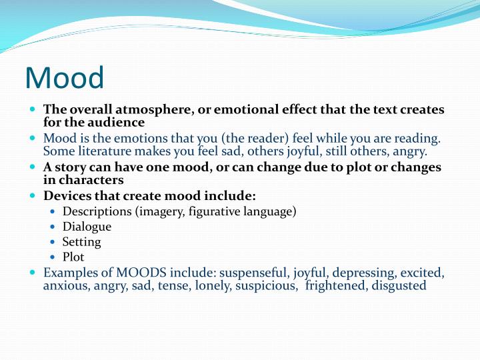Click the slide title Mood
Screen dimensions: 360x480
point(65,77)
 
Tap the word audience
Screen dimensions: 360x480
point(119,122)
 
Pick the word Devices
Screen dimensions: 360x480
point(66,196)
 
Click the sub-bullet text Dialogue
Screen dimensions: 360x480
point(87,227)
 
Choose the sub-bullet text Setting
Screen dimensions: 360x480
point(81,241)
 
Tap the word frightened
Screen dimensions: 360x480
point(335,285)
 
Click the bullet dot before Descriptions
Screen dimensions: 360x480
point(53,212)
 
